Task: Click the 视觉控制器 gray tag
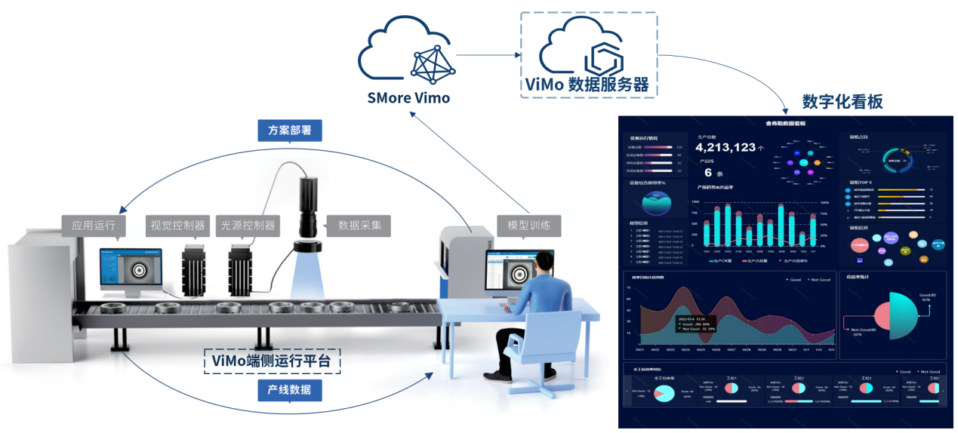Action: coord(178,225)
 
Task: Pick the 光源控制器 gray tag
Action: coord(247,225)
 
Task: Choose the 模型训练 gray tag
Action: coord(528,225)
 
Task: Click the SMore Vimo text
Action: coord(408,98)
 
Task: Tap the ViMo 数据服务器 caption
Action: coord(587,83)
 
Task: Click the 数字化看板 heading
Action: coord(842,102)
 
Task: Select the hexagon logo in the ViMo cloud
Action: coord(605,57)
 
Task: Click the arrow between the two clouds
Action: coord(487,55)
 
